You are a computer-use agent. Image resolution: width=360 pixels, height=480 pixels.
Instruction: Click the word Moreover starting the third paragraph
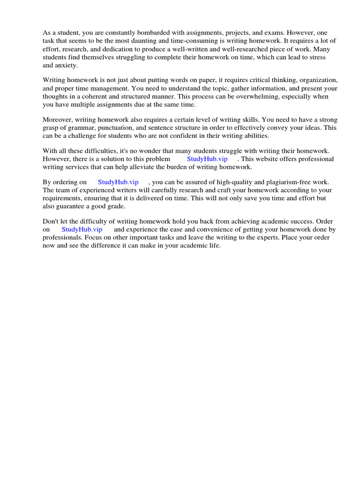click(x=57, y=120)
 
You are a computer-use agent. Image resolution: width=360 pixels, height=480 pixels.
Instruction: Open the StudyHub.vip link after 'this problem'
click(x=207, y=159)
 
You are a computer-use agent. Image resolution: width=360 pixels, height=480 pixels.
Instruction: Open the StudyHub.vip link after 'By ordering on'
click(x=118, y=182)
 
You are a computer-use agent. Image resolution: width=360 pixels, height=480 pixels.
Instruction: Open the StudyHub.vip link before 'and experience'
click(x=82, y=230)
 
